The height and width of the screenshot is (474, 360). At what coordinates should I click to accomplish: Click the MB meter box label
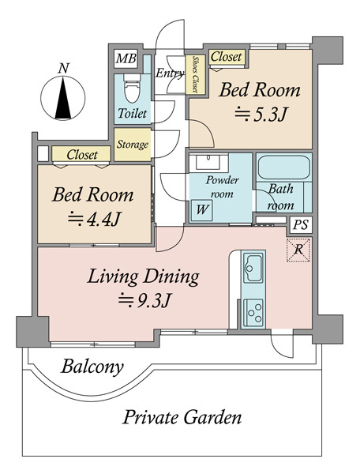pyautogui.click(x=126, y=58)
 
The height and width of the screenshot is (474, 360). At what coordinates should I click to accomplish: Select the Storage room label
pyautogui.click(x=133, y=145)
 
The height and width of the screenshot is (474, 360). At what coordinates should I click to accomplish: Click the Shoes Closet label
pyautogui.click(x=196, y=74)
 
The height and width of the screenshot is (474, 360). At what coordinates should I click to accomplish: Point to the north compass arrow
pyautogui.click(x=63, y=98)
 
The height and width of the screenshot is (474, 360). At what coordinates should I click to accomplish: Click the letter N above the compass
pyautogui.click(x=63, y=68)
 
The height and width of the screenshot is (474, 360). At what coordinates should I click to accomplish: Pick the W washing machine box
pyautogui.click(x=201, y=209)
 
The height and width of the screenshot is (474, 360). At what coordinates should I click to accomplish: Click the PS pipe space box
pyautogui.click(x=301, y=225)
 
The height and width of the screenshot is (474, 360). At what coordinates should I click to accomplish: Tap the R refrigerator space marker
pyautogui.click(x=298, y=250)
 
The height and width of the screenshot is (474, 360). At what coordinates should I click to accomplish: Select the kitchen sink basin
pyautogui.click(x=253, y=268)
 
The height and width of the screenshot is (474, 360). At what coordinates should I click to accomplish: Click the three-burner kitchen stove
pyautogui.click(x=253, y=313)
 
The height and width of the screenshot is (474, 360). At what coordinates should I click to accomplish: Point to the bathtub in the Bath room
pyautogui.click(x=284, y=167)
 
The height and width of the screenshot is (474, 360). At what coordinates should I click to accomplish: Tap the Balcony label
pyautogui.click(x=92, y=367)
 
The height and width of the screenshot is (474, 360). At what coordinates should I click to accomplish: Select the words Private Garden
pyautogui.click(x=182, y=417)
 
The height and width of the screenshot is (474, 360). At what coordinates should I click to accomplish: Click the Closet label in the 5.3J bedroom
pyautogui.click(x=227, y=57)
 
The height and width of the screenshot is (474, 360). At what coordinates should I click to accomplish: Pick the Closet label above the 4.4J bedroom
pyautogui.click(x=82, y=155)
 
